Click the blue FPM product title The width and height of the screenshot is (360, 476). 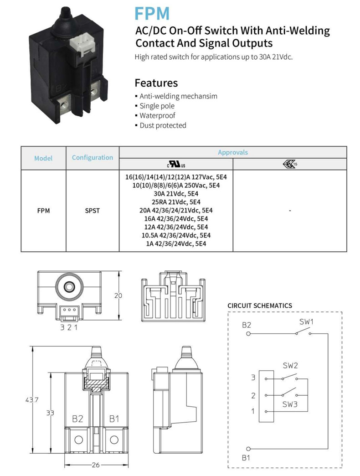pyautogui.click(x=152, y=13)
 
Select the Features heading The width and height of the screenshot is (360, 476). pyautogui.click(x=156, y=83)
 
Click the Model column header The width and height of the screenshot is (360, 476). pyautogui.click(x=43, y=158)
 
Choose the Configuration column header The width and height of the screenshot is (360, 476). pyautogui.click(x=93, y=158)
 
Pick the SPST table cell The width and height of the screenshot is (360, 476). pyautogui.click(x=92, y=211)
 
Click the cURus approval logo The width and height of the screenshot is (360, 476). pyautogui.click(x=176, y=164)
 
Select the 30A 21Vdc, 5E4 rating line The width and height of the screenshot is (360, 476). pyautogui.click(x=176, y=194)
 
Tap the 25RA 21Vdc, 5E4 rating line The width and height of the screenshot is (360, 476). pyautogui.click(x=176, y=202)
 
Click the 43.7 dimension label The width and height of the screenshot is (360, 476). pyautogui.click(x=32, y=400)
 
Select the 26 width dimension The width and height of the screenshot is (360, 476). pyautogui.click(x=96, y=465)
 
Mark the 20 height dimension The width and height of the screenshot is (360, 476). pyautogui.click(x=118, y=295)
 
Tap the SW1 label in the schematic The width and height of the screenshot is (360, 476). pyautogui.click(x=306, y=322)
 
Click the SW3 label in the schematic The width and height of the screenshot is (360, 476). pyautogui.click(x=290, y=404)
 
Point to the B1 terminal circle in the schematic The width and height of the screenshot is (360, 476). pyautogui.click(x=248, y=449)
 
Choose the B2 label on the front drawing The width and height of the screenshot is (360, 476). pyautogui.click(x=77, y=419)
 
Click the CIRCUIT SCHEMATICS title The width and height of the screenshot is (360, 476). pyautogui.click(x=260, y=305)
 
